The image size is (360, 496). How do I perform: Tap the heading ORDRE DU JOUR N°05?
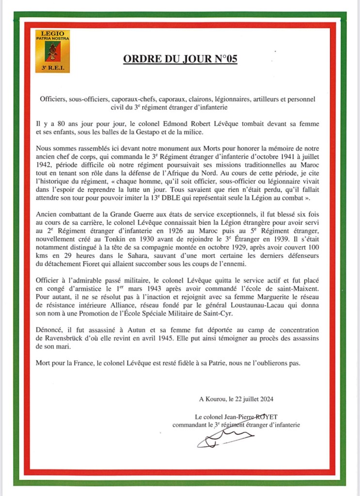pyautogui.click(x=180, y=59)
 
